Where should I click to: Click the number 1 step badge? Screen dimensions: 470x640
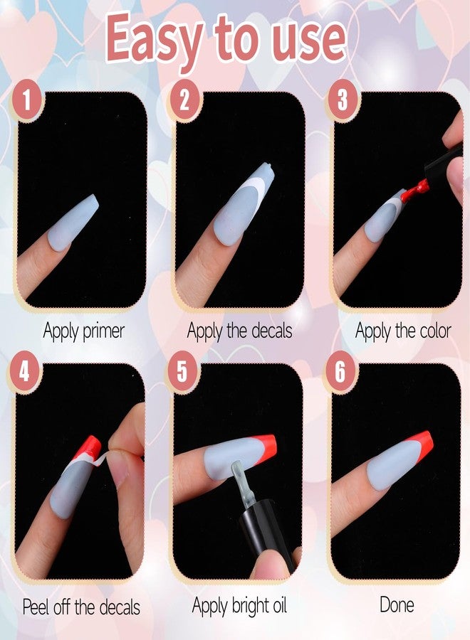pyautogui.click(x=27, y=99)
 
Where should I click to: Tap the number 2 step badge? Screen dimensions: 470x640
pyautogui.click(x=184, y=99)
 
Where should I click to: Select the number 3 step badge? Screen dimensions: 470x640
pyautogui.click(x=343, y=99)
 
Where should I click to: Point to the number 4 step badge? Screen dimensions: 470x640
pyautogui.click(x=24, y=371)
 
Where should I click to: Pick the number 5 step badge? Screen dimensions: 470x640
pyautogui.click(x=182, y=371)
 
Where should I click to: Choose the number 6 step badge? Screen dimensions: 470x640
pyautogui.click(x=340, y=371)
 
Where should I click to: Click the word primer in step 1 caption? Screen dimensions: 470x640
pyautogui.click(x=103, y=331)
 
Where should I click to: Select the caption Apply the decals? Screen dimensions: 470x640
pyautogui.click(x=239, y=331)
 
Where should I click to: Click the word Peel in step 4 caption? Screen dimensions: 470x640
pyautogui.click(x=36, y=607)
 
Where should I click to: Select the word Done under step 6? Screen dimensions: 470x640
pyautogui.click(x=397, y=604)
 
